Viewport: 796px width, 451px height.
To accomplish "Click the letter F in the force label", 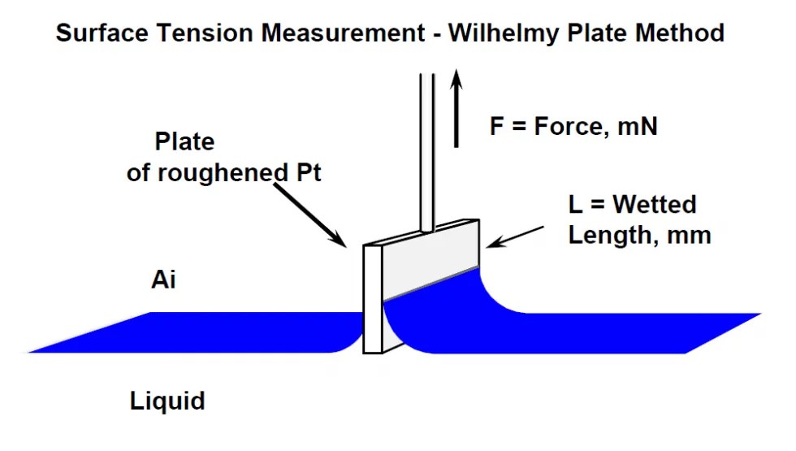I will tap(496, 127).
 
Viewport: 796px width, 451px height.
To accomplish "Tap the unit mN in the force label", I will tap(639, 127).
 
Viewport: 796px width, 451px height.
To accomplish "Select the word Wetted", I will tap(655, 204).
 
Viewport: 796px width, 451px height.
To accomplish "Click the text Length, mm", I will tap(639, 236).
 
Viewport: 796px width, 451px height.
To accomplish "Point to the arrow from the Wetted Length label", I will tap(521, 234).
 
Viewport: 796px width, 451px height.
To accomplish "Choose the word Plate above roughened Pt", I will tap(184, 142).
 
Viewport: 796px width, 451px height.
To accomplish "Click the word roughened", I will tap(216, 173).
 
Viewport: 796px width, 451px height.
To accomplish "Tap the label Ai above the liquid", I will tap(163, 280).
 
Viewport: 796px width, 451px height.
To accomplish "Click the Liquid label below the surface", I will tap(167, 401).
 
